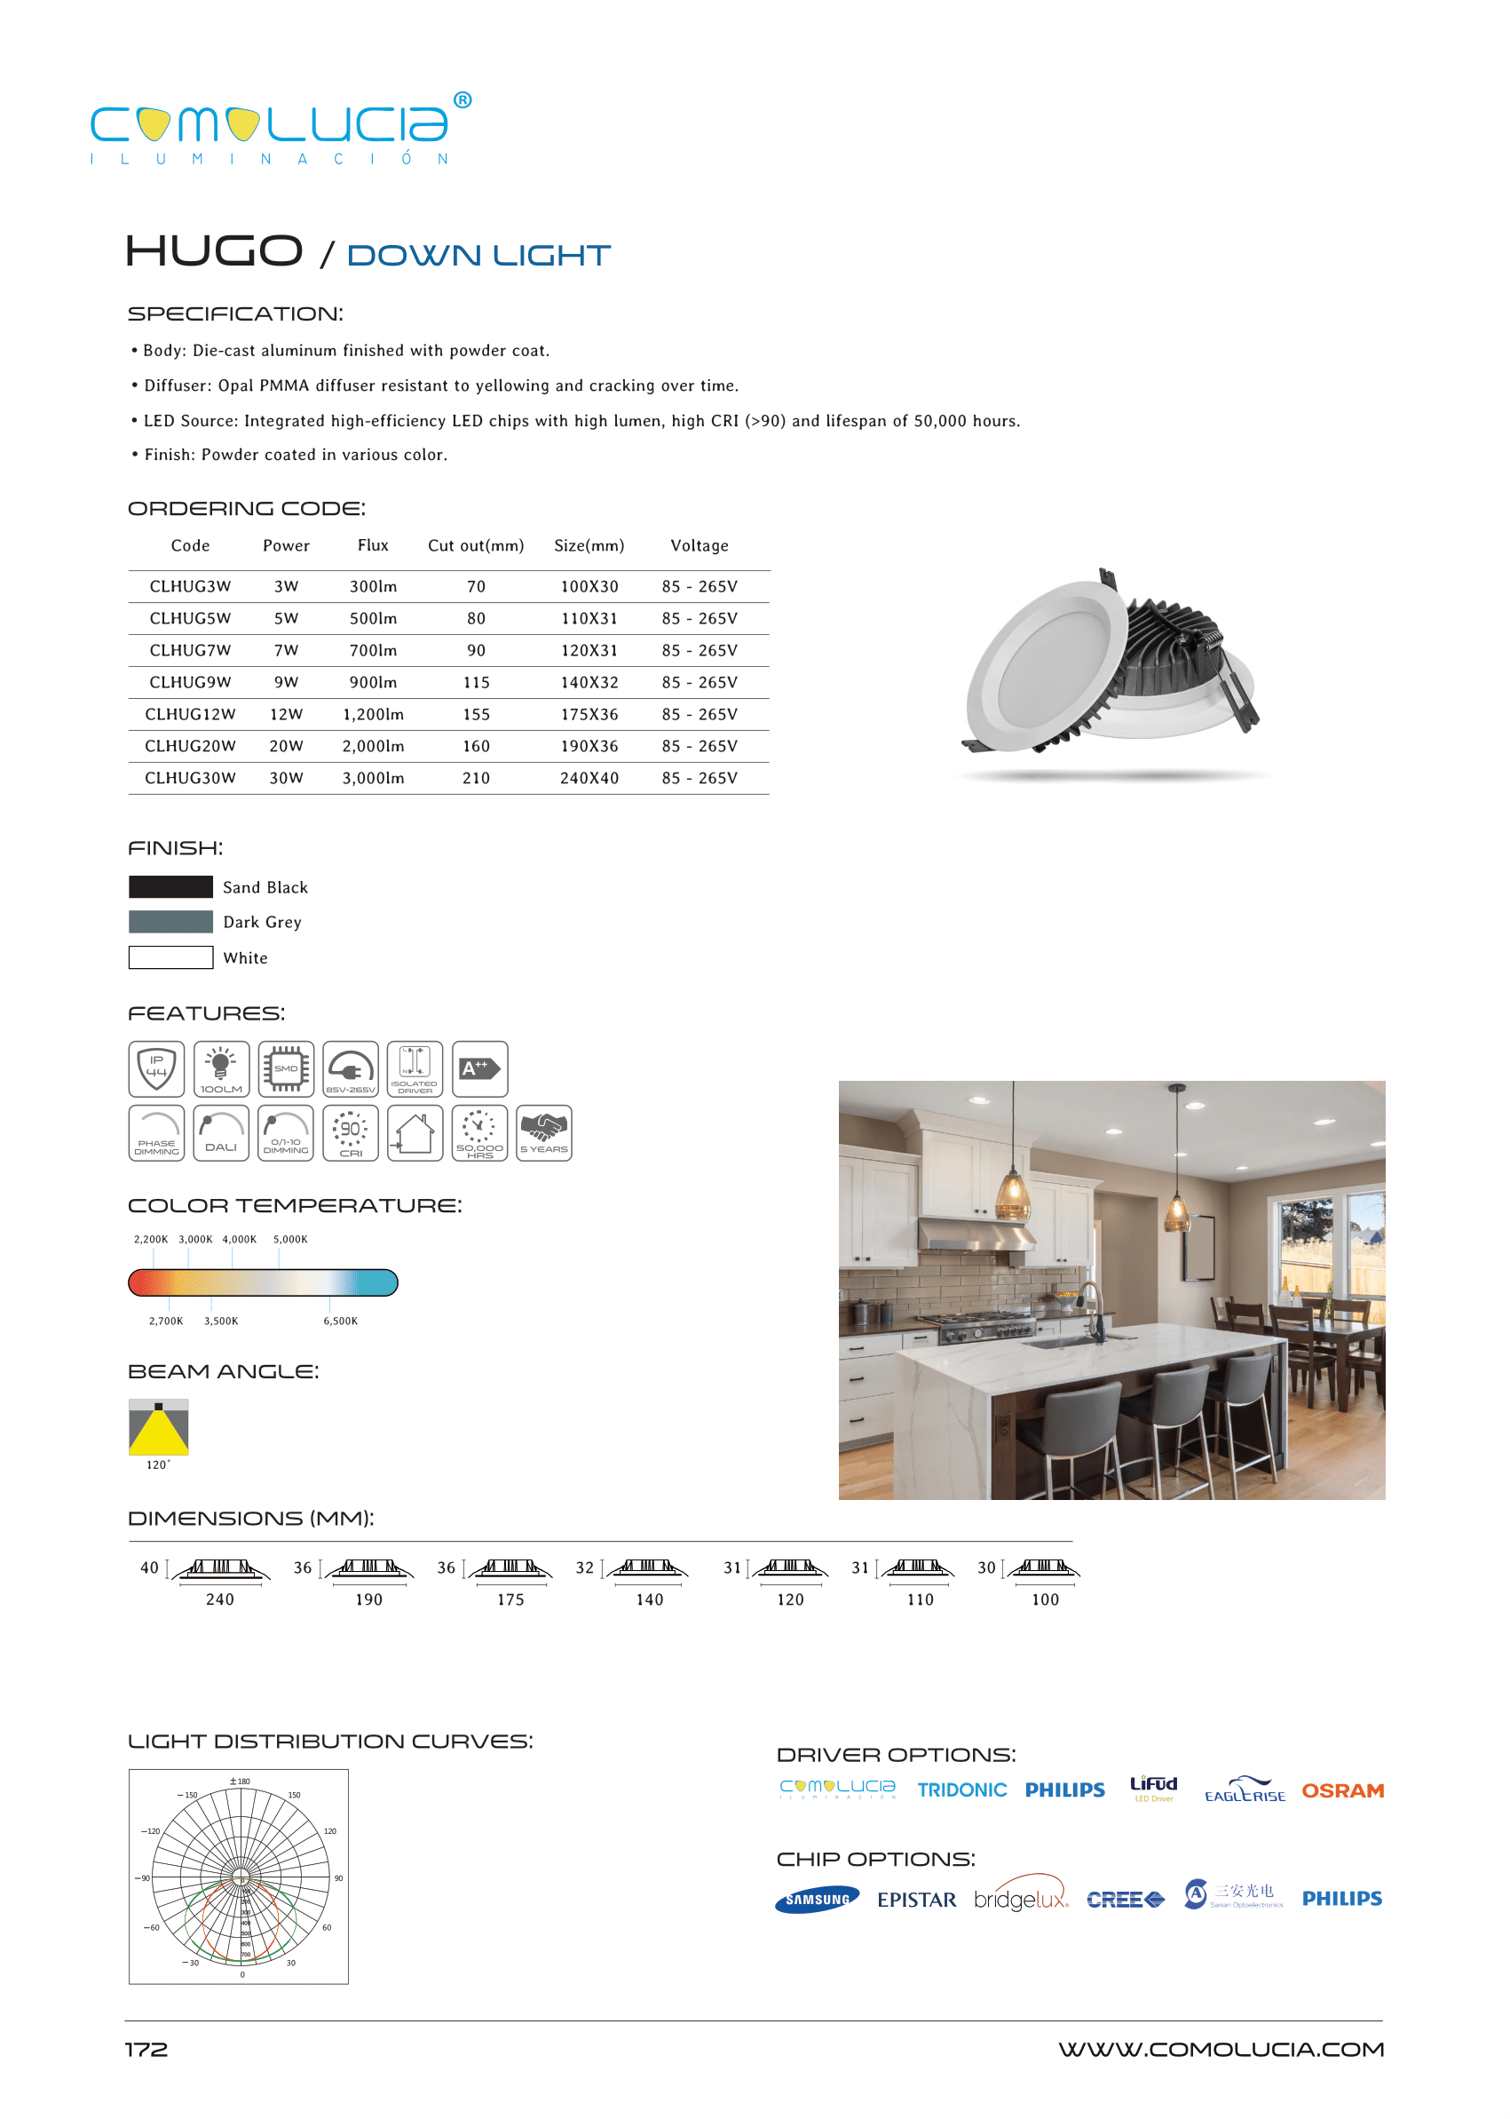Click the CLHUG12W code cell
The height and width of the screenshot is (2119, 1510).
[190, 714]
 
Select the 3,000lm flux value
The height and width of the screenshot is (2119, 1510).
[373, 778]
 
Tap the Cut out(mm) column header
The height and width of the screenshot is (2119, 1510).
[475, 546]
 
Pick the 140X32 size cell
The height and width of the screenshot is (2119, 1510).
[589, 683]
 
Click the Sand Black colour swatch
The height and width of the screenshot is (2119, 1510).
[171, 886]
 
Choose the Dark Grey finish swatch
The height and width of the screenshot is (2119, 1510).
[171, 922]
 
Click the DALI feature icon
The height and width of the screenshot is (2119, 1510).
[221, 1133]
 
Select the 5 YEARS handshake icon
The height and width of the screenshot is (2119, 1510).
[544, 1133]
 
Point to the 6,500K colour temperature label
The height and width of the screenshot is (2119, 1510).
[340, 1321]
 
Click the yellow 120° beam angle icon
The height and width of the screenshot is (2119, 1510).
[159, 1427]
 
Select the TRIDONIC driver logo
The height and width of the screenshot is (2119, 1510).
[961, 1790]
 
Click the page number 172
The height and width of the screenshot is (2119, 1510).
[146, 2050]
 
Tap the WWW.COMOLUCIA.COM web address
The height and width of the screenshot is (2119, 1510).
[1221, 2050]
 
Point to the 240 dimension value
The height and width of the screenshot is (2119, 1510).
[220, 1600]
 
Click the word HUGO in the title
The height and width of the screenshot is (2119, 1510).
[215, 251]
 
